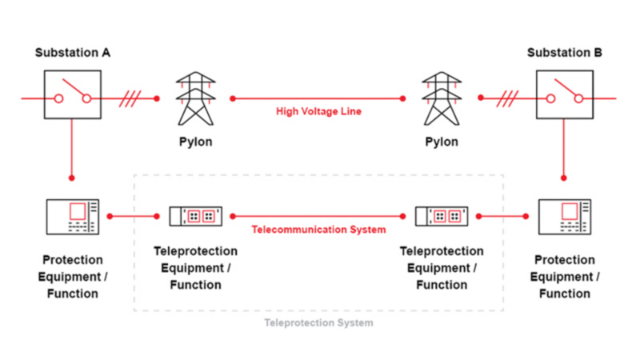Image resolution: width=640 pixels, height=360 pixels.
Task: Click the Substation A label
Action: [x=72, y=53]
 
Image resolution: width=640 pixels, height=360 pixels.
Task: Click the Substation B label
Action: [x=564, y=53]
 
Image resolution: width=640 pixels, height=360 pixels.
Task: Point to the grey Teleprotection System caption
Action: [x=318, y=323]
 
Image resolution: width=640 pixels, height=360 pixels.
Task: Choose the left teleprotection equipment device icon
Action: [x=195, y=216]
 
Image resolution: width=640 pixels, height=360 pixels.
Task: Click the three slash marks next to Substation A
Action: [x=130, y=98]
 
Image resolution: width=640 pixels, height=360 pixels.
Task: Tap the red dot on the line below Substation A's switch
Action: [x=72, y=177]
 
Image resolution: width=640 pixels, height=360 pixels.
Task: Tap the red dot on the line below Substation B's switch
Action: [x=564, y=177]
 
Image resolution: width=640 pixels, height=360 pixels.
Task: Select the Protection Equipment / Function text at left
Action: [x=72, y=277]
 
